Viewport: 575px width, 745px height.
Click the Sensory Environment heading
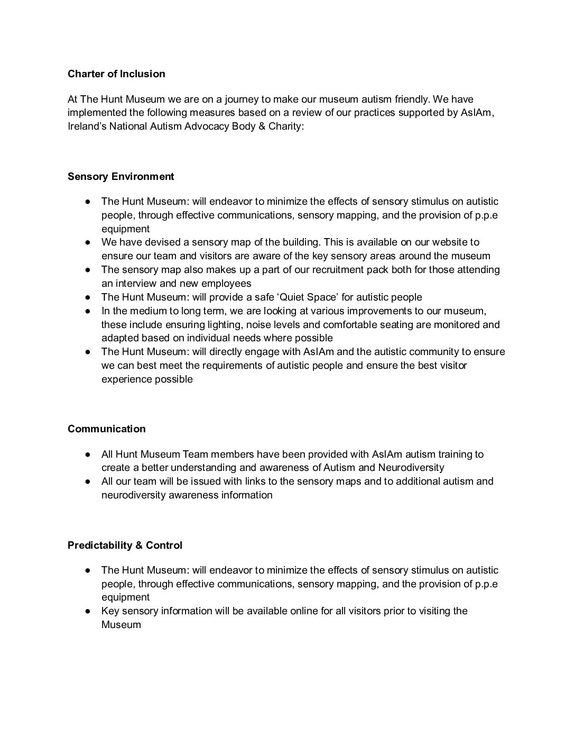point(120,176)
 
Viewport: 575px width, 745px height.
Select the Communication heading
point(106,429)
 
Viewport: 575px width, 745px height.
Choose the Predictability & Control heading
point(125,545)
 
